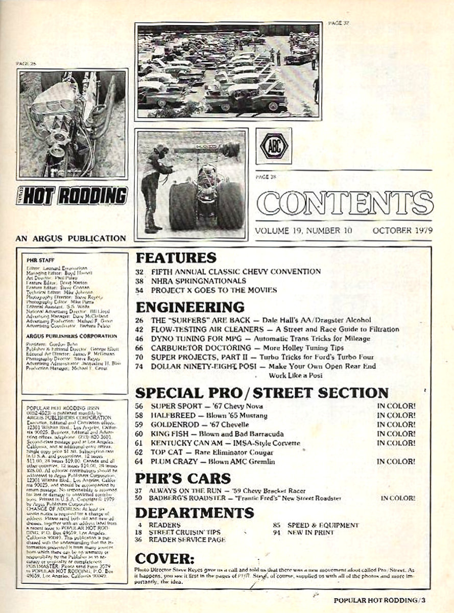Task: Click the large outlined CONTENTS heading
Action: pyautogui.click(x=345, y=203)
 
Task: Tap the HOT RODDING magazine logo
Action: pyautogui.click(x=72, y=195)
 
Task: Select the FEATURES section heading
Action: pyautogui.click(x=176, y=257)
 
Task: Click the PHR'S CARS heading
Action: pyautogui.click(x=182, y=478)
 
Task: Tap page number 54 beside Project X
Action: pyautogui.click(x=141, y=290)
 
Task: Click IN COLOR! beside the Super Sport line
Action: pyautogui.click(x=396, y=406)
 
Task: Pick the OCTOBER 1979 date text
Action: pyautogui.click(x=402, y=230)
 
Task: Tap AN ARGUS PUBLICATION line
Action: pyautogui.click(x=71, y=238)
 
